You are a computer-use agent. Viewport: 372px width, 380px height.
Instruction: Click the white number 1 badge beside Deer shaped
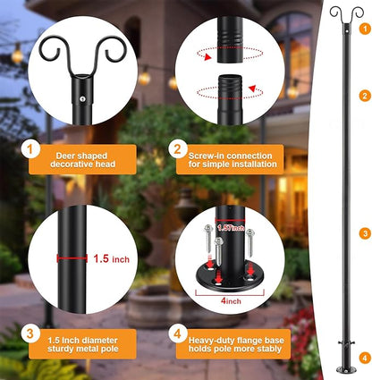30,149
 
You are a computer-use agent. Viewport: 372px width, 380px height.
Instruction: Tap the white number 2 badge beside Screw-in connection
178,149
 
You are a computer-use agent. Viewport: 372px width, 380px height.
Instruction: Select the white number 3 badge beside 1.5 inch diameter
30,334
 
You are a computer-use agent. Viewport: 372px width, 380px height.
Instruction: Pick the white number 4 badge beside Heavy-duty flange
178,334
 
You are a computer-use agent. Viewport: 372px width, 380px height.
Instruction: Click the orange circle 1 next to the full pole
365,29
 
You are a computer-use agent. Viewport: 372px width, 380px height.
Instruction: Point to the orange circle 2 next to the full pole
365,96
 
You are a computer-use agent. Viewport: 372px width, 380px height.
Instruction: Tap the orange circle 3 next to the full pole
365,233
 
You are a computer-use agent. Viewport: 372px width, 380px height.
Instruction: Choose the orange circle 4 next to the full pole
365,358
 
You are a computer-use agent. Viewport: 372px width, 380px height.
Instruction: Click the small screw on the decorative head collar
83,99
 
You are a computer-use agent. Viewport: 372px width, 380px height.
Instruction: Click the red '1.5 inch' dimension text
112,258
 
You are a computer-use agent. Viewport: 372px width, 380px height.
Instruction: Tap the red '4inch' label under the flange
231,300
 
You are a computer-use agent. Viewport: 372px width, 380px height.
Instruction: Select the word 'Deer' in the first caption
65,156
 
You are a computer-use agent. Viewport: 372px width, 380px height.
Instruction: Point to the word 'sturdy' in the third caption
59,349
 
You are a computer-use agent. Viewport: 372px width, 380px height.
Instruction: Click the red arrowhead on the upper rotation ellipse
208,57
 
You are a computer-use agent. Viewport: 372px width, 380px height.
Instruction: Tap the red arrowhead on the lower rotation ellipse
252,89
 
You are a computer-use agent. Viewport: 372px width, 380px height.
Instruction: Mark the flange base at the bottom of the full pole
347,370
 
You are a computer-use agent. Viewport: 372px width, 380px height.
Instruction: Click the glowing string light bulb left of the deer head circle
17,55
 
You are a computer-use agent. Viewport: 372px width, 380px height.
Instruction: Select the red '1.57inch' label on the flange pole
231,228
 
